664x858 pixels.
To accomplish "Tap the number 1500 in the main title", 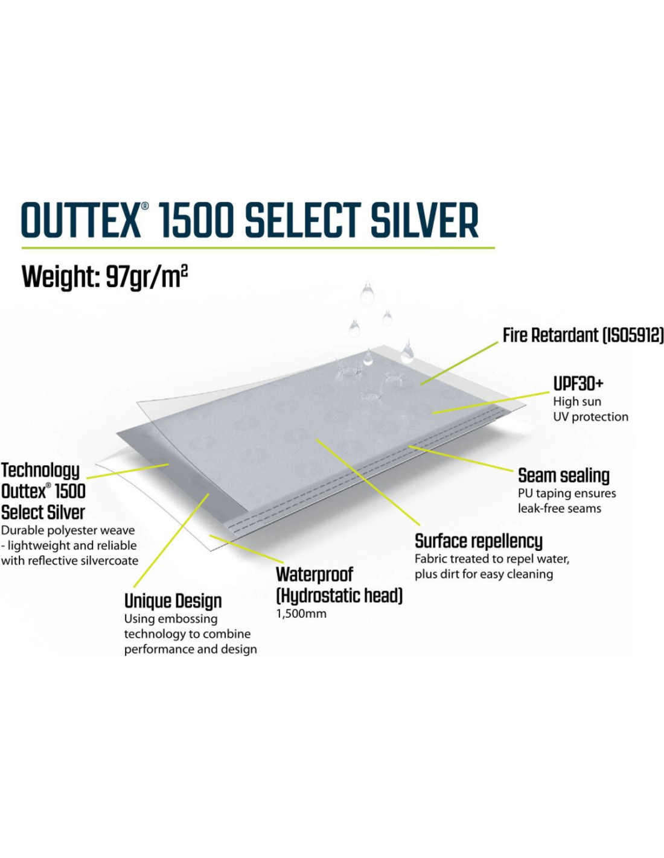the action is point(197,220).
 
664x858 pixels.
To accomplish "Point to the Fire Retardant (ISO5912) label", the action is point(583,335).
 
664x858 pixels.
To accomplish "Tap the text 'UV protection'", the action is point(590,417).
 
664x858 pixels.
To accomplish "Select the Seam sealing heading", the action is point(564,476).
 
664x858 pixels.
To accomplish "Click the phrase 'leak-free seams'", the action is point(560,508).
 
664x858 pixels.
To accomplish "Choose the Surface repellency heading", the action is point(478,542).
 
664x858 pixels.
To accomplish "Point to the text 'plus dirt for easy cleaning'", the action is point(484,574).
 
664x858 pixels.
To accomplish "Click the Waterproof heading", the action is point(314,574).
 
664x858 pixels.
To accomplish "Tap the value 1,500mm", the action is point(301,614).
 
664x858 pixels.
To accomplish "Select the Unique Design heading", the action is point(173,602).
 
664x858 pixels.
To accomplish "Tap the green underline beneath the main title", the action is point(258,248).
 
